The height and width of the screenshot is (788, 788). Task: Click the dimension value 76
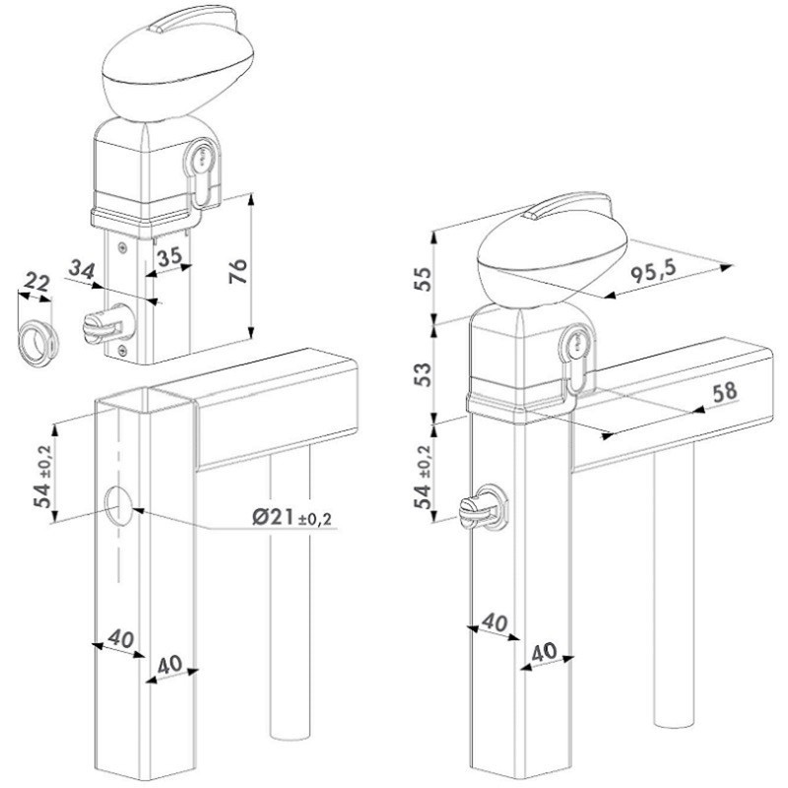(x=238, y=271)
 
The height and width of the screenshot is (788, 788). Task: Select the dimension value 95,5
(x=653, y=272)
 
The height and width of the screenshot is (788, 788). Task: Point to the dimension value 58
(x=724, y=391)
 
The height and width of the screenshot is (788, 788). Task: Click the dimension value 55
(x=424, y=280)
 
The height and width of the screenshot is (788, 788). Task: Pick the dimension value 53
(x=424, y=374)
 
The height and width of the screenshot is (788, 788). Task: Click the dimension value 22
(x=37, y=283)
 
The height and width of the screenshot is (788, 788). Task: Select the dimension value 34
(x=82, y=270)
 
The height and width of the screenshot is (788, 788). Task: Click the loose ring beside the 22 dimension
(x=38, y=340)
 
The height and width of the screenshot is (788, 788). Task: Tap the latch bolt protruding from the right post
(x=483, y=507)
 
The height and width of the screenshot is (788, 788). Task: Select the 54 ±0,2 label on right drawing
(x=423, y=477)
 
